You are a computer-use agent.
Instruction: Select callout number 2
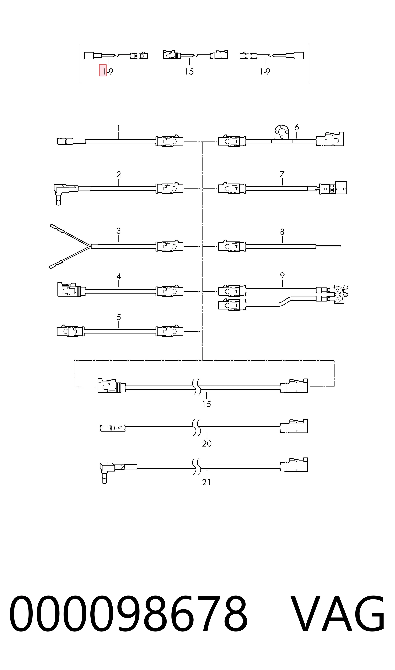(x=119, y=175)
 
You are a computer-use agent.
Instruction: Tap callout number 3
(x=119, y=231)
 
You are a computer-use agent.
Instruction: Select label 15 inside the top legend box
(x=189, y=72)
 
